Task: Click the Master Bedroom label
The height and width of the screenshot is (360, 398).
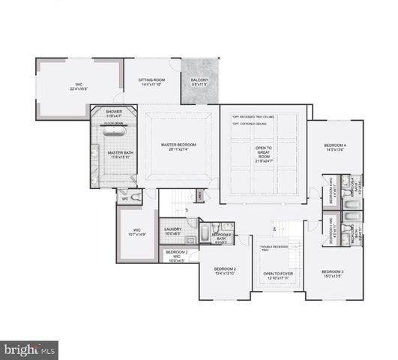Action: [x=178, y=147]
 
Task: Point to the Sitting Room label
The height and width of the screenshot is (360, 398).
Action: [x=152, y=82]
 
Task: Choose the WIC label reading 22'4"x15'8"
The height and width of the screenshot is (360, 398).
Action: [x=78, y=87]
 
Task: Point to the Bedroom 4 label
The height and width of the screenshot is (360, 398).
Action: [x=334, y=147]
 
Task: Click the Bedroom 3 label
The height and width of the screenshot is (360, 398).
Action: [x=333, y=274]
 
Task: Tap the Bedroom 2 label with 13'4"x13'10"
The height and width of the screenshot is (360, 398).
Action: [x=225, y=271]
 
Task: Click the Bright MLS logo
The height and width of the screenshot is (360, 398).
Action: [x=30, y=349]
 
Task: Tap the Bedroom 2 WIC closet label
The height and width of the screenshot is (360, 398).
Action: [x=177, y=256]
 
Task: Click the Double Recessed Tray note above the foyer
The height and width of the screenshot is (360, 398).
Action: [x=277, y=248]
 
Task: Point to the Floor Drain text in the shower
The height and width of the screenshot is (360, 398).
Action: [x=113, y=121]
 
